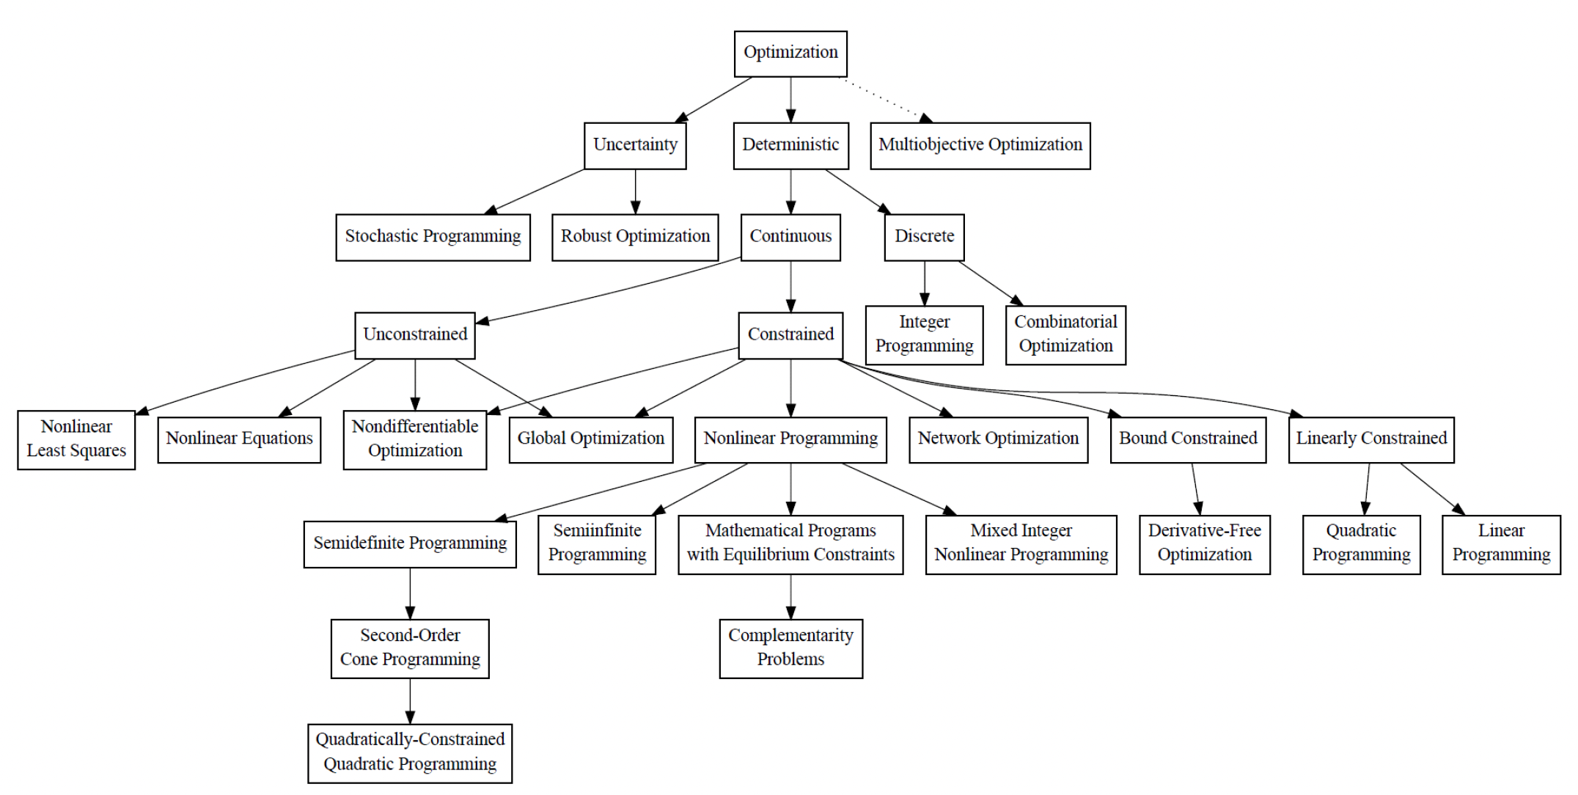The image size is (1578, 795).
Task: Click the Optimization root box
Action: coord(790,53)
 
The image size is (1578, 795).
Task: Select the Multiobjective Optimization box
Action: coord(980,145)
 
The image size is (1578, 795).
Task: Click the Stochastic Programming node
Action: coord(433,237)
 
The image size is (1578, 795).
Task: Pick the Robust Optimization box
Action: coord(635,237)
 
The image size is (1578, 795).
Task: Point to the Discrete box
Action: coord(924,237)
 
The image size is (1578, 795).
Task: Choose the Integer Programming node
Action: coord(924,334)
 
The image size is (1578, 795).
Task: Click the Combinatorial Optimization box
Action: coord(1065,334)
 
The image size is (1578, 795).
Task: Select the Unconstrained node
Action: coord(415,335)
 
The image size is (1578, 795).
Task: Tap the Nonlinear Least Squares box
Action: coord(76,439)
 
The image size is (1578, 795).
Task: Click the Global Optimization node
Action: coord(591,439)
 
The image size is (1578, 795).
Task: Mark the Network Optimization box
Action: coord(998,439)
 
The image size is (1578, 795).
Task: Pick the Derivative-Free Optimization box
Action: coord(1204,543)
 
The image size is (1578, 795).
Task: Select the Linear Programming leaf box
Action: coord(1501,543)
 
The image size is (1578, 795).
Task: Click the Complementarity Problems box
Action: coord(790,648)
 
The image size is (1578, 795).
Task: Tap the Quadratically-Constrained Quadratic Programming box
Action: coord(410,753)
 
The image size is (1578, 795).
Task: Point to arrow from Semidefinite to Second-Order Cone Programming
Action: coord(410,593)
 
